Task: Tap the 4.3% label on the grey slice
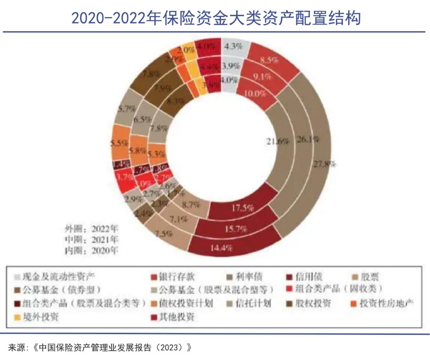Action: click(233, 46)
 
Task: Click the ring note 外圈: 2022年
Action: click(92, 229)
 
